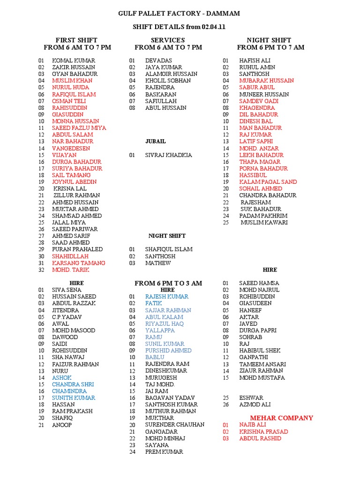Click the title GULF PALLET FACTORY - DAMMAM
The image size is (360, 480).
179,14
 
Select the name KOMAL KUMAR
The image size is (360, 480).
74,60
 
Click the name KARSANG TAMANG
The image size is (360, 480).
78,263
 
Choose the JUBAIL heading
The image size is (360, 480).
155,141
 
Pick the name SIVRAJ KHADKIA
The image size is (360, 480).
168,155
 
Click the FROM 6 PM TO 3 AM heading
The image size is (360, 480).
168,283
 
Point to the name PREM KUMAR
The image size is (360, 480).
164,452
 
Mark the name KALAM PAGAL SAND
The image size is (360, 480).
268,182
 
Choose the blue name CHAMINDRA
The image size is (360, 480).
69,391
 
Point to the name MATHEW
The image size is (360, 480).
158,263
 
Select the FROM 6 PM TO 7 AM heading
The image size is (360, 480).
270,47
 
